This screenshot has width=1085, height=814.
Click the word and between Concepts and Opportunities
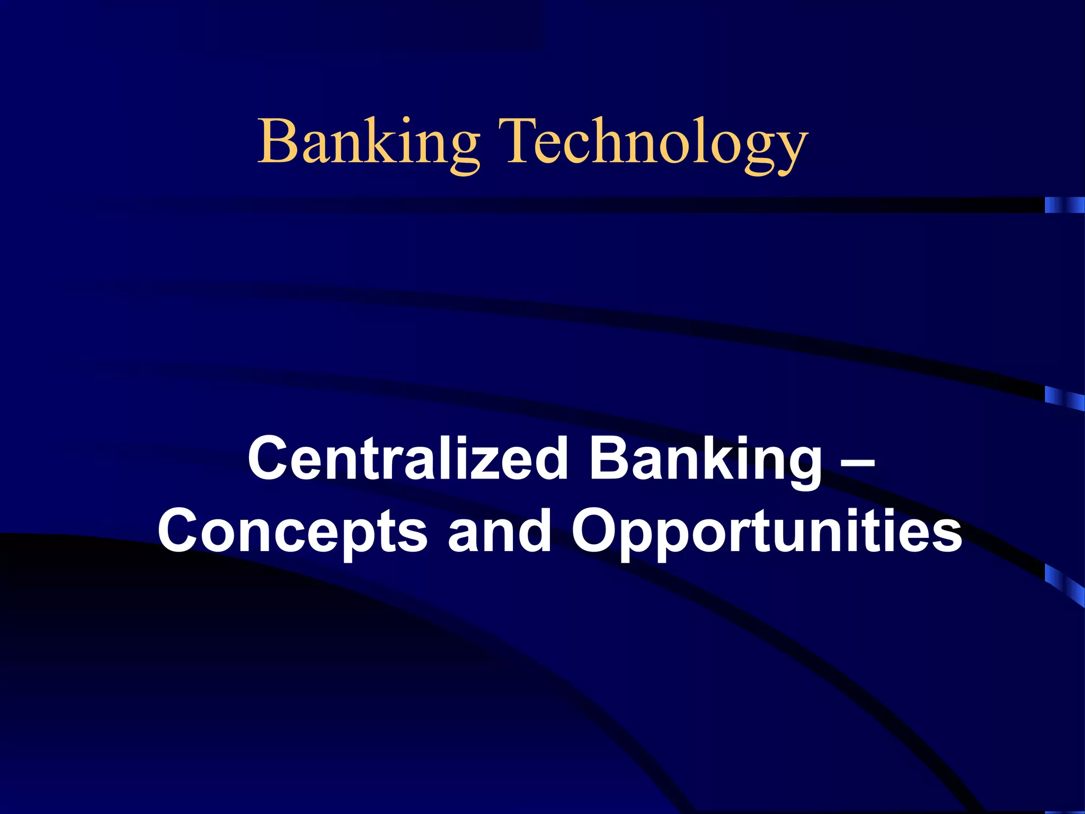coord(499,530)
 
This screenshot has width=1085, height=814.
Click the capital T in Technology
coord(519,140)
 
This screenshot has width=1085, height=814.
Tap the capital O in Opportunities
coord(597,530)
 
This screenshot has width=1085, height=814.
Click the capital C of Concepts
coord(181,530)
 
